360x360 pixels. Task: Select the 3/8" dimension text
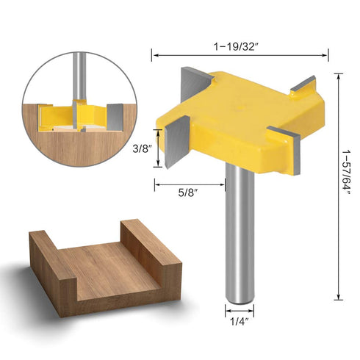(141, 148)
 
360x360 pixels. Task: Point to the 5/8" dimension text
(190, 192)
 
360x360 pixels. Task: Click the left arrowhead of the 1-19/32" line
(155, 54)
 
